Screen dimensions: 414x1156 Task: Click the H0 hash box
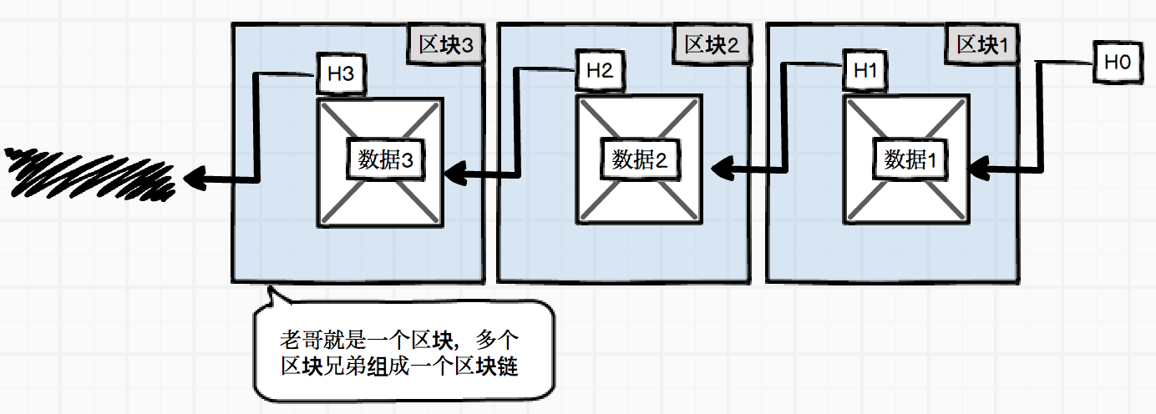[x=1118, y=62]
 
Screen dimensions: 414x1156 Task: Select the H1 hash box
[x=865, y=71]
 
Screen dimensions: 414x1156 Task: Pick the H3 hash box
[x=340, y=73]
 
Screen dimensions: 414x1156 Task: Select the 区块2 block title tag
[x=712, y=45]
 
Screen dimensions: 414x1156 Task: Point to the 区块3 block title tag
[x=445, y=45]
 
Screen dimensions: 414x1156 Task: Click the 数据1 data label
[x=910, y=159]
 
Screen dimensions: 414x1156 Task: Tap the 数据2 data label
[x=639, y=159]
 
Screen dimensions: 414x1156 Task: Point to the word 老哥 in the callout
[x=299, y=341]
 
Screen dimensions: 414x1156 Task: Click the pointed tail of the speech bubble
[x=270, y=293]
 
